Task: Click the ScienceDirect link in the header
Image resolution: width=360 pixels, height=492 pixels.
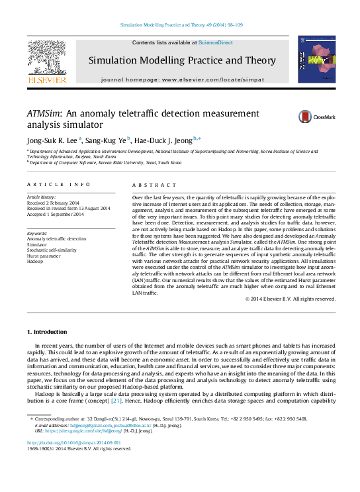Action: click(x=216, y=42)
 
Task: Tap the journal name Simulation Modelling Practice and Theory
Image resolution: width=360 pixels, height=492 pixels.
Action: click(x=182, y=61)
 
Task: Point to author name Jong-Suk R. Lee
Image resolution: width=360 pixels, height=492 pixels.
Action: click(x=52, y=140)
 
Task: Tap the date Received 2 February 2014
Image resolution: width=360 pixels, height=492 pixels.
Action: click(x=53, y=203)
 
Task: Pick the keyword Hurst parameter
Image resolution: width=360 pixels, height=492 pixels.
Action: click(x=44, y=256)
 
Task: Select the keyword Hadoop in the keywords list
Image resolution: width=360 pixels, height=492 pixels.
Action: click(x=35, y=262)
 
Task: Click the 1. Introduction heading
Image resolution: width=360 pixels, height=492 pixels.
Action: click(x=46, y=331)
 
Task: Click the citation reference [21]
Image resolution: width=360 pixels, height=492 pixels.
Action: click(x=116, y=401)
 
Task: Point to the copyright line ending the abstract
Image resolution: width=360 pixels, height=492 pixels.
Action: click(x=290, y=299)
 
